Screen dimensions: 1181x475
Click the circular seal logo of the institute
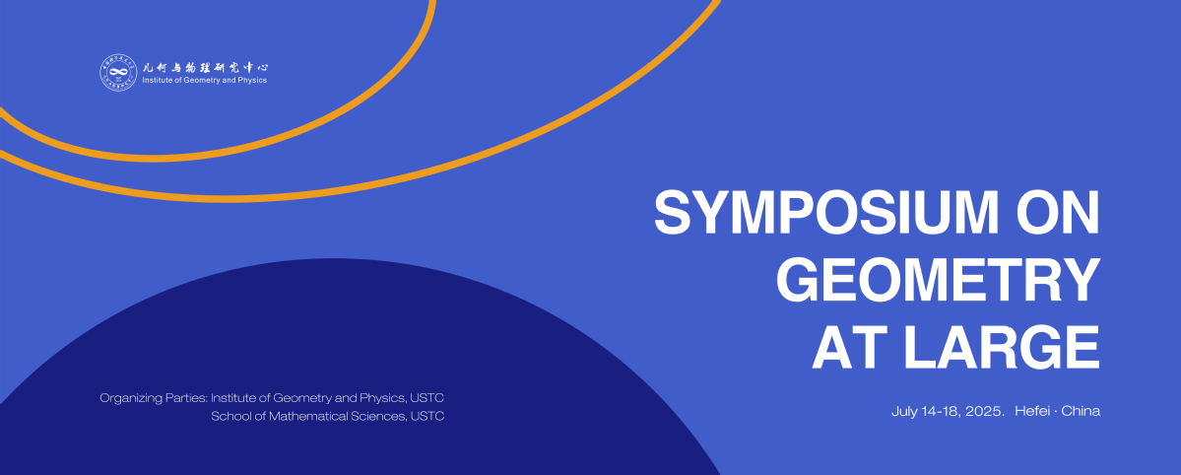pyautogui.click(x=118, y=72)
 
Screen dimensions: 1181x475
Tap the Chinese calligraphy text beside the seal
pyautogui.click(x=205, y=67)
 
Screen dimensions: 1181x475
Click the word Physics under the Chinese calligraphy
pyautogui.click(x=251, y=81)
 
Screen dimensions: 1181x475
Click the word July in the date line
pyautogui.click(x=904, y=412)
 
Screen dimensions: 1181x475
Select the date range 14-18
pyautogui.click(x=939, y=411)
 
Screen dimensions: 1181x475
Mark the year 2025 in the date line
pyautogui.click(x=984, y=412)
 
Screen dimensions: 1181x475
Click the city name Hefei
pyautogui.click(x=1031, y=411)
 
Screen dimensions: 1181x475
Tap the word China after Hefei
pyautogui.click(x=1081, y=411)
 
